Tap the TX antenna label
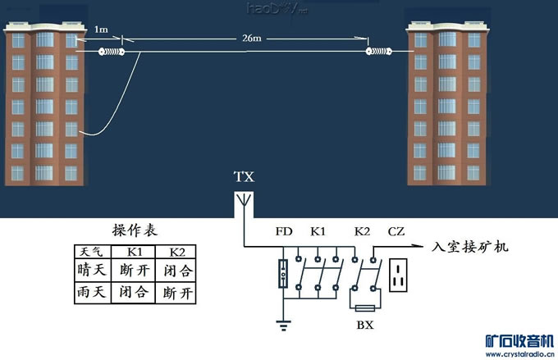244,177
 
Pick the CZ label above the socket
396,232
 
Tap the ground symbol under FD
283,326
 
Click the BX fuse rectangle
364,307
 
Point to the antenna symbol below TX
244,201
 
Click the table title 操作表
135,230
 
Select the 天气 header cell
87,250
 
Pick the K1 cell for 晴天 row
133,270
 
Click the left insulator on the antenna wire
111,52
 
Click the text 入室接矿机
470,245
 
